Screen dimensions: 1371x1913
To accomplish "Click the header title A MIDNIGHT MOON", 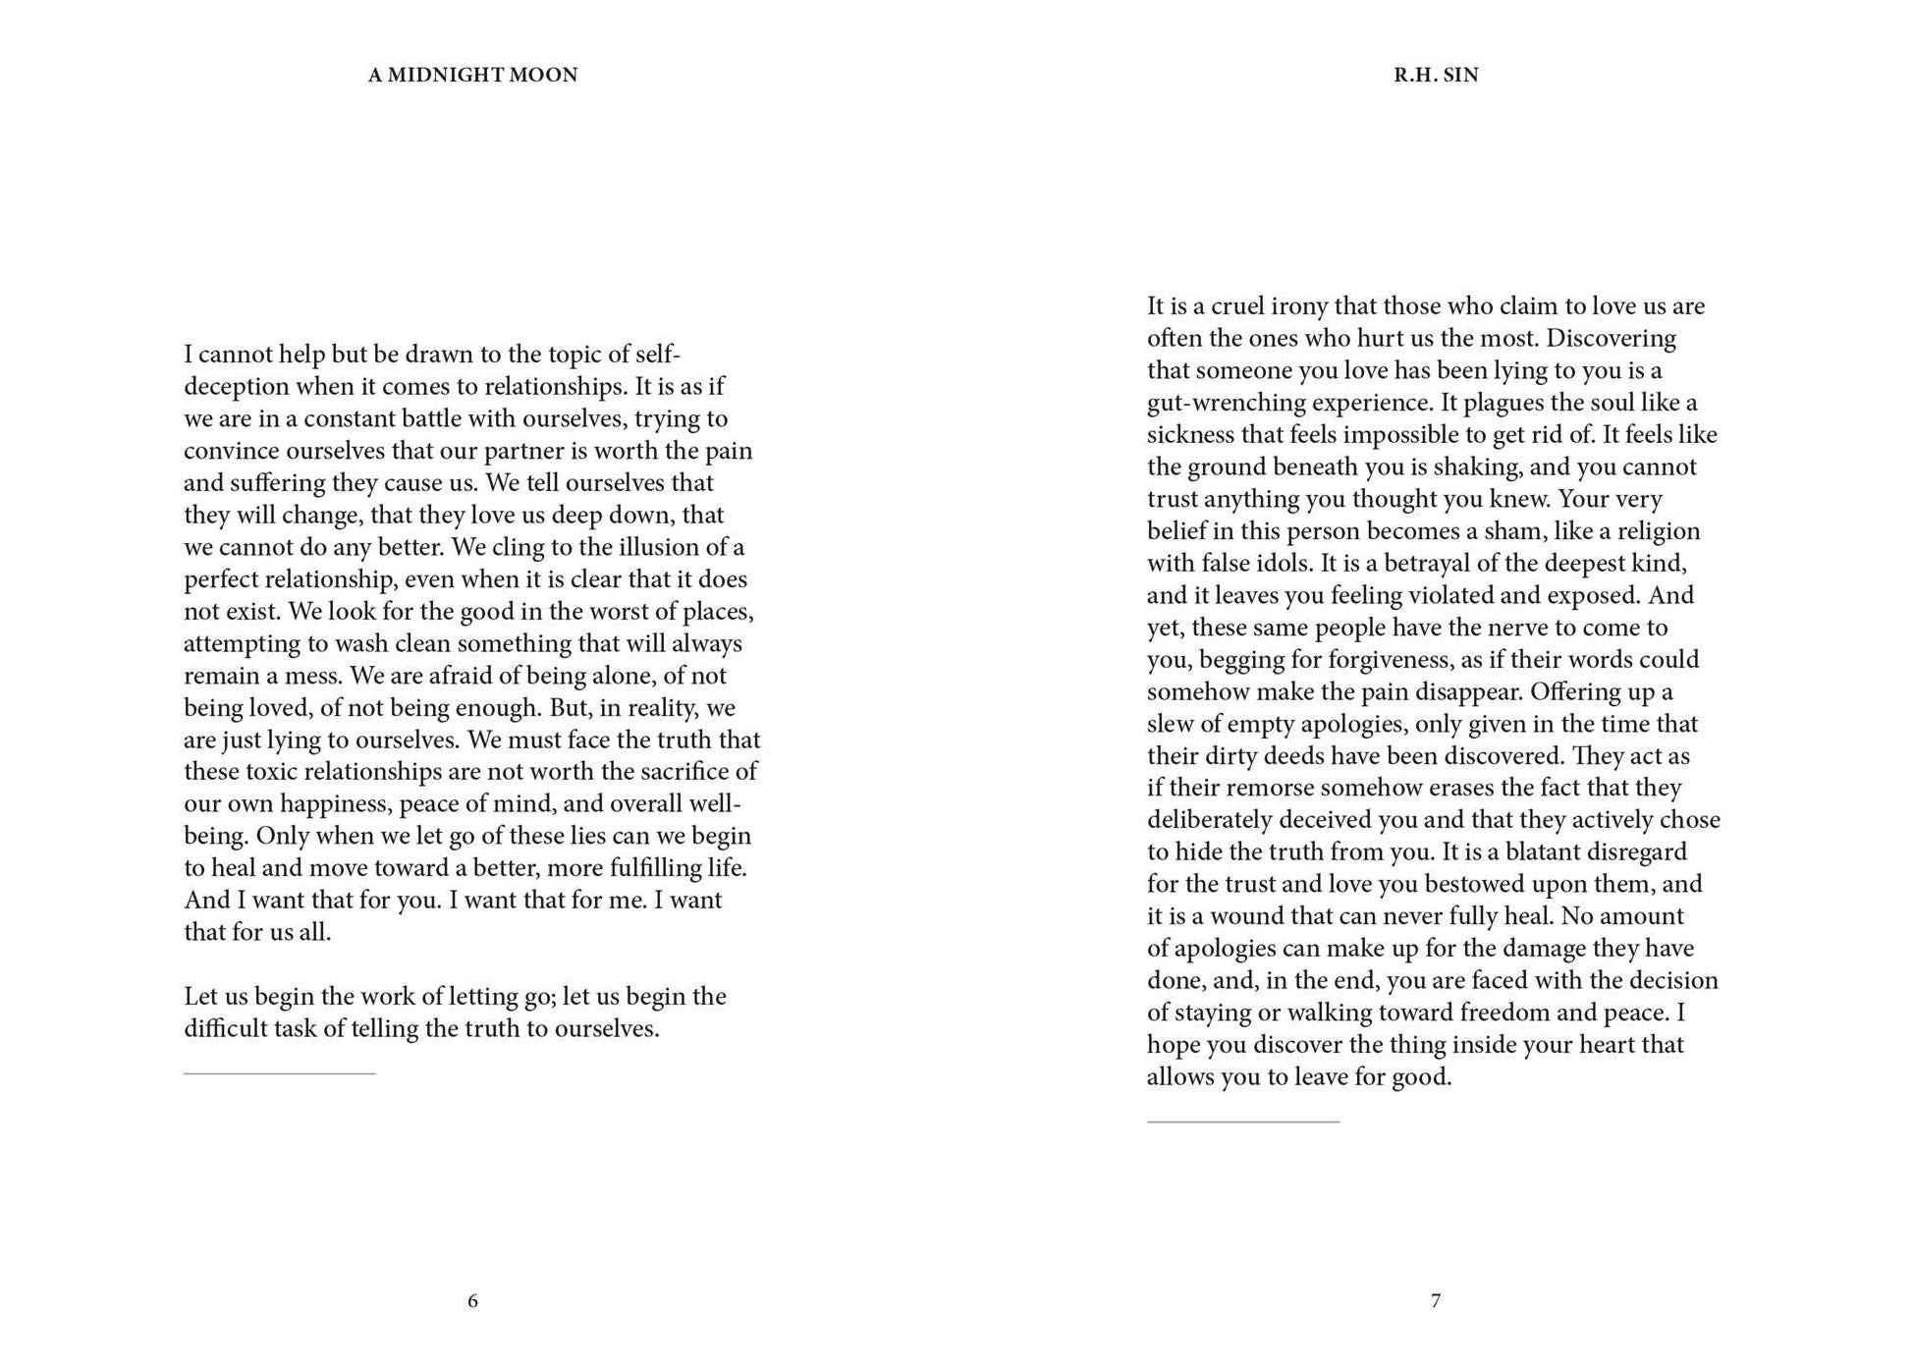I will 472,76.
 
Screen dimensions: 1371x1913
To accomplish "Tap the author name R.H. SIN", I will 1435,76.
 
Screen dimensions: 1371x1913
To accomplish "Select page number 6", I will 472,1301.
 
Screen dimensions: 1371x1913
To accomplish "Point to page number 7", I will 1436,1301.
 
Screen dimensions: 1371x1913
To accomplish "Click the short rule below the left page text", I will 280,1073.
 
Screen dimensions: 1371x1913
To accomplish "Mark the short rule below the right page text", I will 1242,1122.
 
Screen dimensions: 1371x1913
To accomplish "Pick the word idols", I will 1284,564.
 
